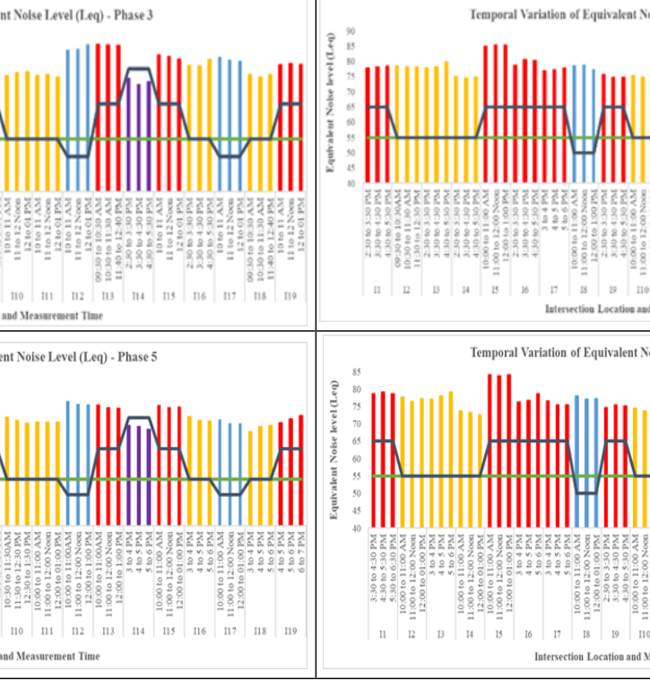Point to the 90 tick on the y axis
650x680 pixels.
(x=350, y=31)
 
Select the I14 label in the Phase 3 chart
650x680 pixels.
(x=137, y=295)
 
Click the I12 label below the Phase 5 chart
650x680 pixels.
(x=78, y=606)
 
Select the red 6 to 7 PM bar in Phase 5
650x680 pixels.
(x=300, y=457)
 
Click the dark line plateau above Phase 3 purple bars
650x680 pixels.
(x=138, y=68)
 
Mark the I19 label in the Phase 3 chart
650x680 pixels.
(x=290, y=295)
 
